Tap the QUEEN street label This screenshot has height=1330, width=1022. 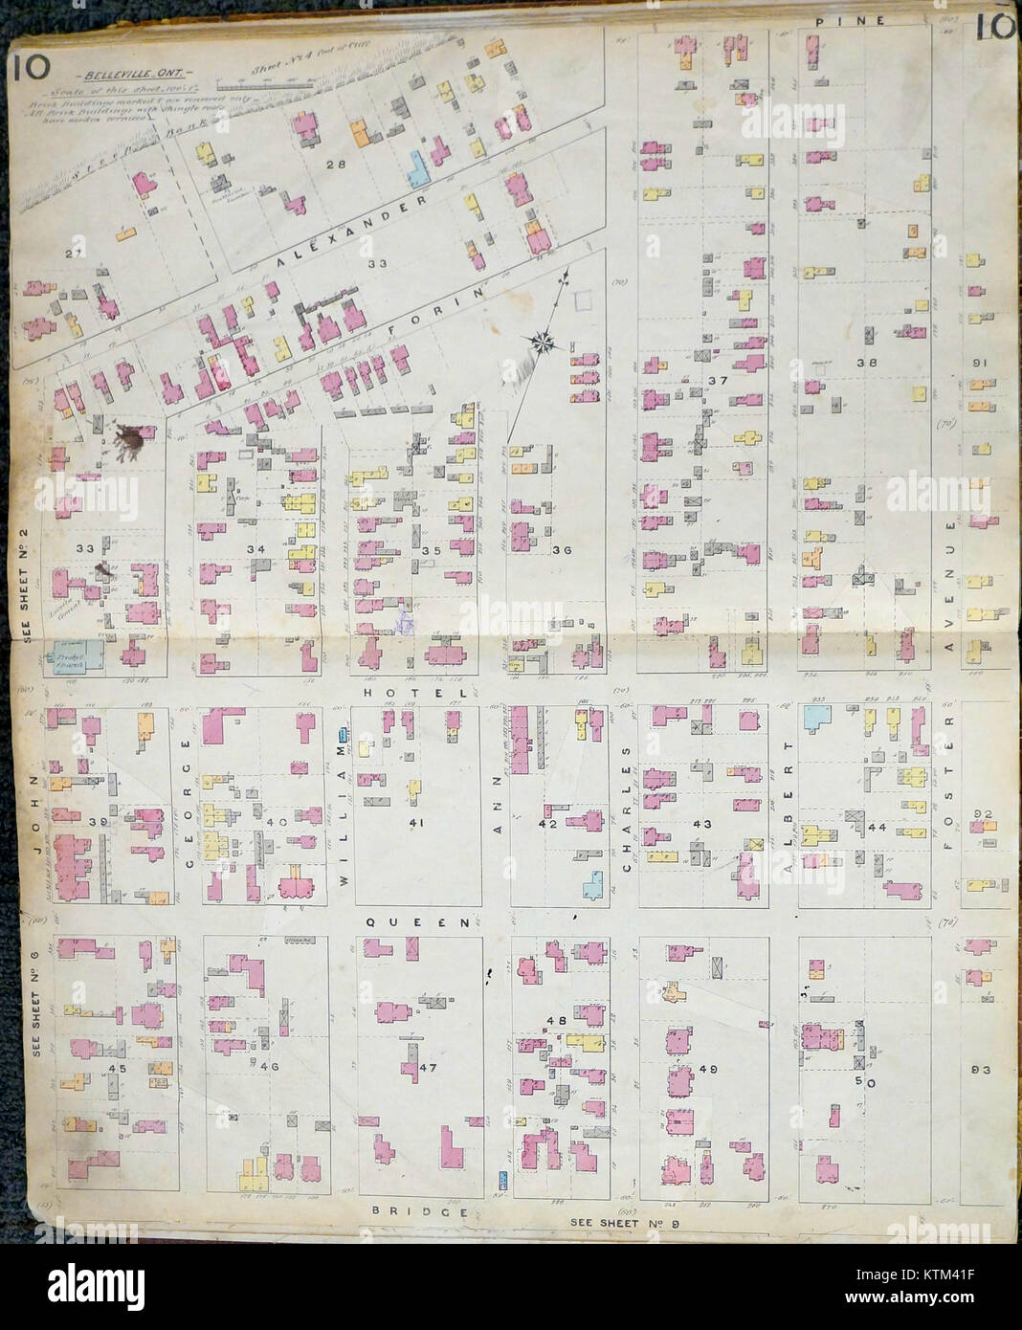point(417,921)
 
